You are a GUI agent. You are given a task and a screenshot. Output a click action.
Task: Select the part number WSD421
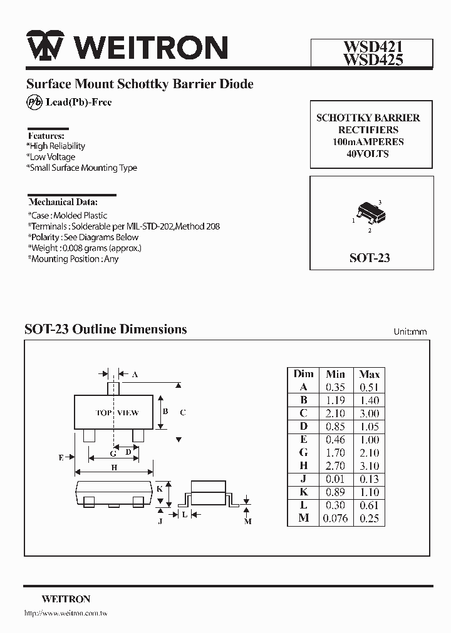(x=371, y=47)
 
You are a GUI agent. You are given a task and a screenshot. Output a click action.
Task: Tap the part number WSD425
(x=371, y=59)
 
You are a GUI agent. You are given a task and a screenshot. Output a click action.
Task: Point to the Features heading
(x=46, y=135)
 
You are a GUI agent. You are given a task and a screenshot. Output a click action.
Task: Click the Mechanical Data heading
(x=63, y=202)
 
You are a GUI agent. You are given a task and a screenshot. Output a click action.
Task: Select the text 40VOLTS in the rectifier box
(x=368, y=154)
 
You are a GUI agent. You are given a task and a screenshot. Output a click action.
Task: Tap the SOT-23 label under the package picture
(x=370, y=258)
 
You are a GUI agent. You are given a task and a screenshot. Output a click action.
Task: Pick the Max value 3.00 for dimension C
(x=369, y=413)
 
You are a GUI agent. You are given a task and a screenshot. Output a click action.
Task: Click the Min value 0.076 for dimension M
(x=335, y=519)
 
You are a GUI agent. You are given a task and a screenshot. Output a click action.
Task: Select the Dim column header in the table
(x=303, y=373)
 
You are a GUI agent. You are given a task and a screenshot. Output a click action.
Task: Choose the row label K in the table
(x=303, y=492)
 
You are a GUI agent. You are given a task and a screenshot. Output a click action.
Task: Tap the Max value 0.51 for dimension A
(x=369, y=387)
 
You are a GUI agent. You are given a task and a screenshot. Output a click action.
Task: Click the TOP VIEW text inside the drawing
(x=117, y=413)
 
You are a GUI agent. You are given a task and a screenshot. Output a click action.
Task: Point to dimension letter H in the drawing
(x=114, y=468)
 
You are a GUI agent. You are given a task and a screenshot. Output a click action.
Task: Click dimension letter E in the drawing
(x=61, y=458)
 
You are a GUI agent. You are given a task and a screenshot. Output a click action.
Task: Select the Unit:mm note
(x=410, y=332)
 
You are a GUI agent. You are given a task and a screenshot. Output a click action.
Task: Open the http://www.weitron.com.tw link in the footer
(x=66, y=614)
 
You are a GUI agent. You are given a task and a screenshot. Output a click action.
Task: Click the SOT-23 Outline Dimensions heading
(x=105, y=329)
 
